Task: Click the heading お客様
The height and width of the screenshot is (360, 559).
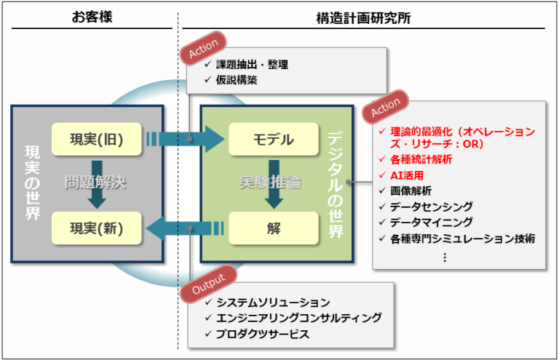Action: pos(92,17)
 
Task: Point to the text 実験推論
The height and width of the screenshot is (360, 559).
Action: pos(271,183)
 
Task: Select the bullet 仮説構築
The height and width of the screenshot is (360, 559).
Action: pos(236,80)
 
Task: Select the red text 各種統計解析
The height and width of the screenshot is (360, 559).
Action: pos(421,159)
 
